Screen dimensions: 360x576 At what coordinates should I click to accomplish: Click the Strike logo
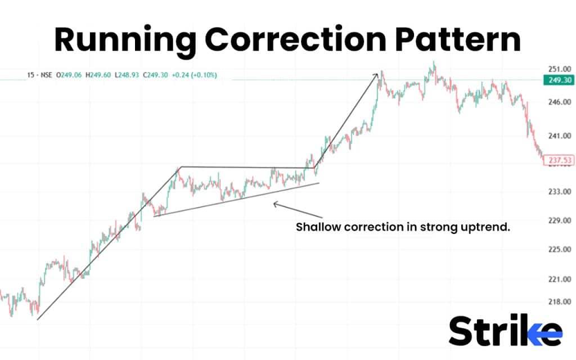505,331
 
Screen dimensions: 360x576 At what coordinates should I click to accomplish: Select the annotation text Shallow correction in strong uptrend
403,228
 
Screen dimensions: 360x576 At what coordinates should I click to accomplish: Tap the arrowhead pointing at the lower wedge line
275,204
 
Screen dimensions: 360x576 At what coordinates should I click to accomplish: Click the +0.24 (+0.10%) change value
194,75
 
